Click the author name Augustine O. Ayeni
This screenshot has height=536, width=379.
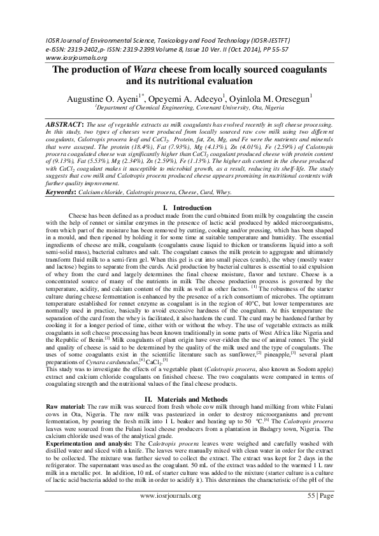(101, 99)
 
